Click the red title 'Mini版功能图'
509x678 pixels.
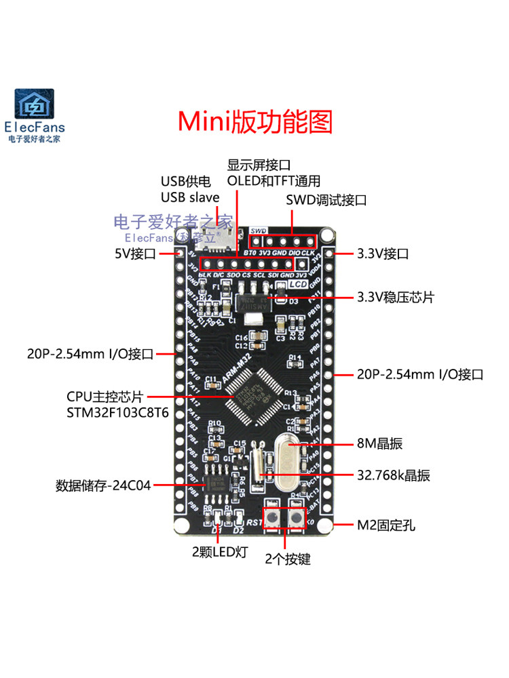click(x=255, y=121)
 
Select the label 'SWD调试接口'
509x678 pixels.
click(x=326, y=200)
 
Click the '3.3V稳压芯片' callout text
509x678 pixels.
click(x=396, y=298)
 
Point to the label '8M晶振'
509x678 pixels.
click(x=380, y=444)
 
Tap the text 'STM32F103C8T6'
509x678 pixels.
click(x=108, y=412)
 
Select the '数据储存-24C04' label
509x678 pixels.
click(x=102, y=485)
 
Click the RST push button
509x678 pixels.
click(x=271, y=519)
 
